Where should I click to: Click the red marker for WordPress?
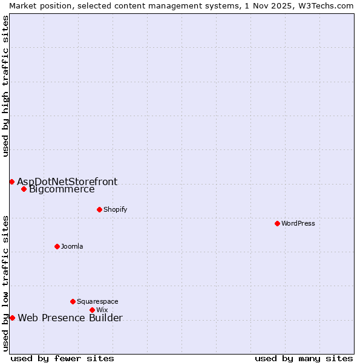(x=277, y=223)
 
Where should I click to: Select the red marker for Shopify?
(x=99, y=209)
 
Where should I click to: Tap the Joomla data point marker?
(x=57, y=246)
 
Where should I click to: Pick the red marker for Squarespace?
(x=73, y=301)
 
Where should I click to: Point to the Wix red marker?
(x=92, y=310)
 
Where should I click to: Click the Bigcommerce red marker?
(x=24, y=189)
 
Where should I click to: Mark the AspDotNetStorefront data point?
(x=11, y=181)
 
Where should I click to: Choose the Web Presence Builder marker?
(x=12, y=318)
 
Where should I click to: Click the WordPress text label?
(x=298, y=224)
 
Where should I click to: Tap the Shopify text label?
(x=115, y=210)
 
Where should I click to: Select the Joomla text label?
(x=72, y=247)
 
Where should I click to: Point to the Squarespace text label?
(x=97, y=302)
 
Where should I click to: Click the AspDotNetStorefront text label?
(x=67, y=181)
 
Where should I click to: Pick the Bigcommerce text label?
(x=62, y=189)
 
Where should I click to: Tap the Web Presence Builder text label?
(x=70, y=318)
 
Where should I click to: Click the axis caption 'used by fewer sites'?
(x=62, y=358)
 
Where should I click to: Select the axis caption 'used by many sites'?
(x=304, y=358)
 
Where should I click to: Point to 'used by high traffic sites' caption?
(x=5, y=86)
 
